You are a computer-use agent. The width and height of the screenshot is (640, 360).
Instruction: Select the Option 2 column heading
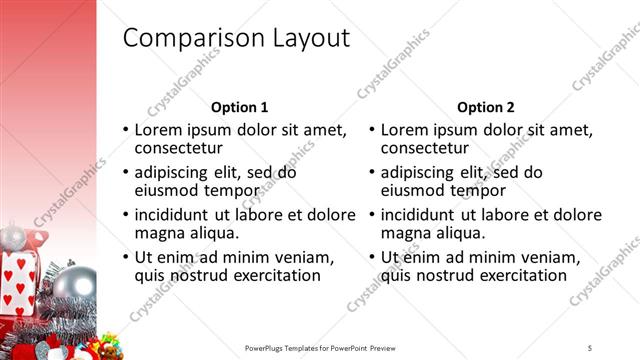tap(485, 107)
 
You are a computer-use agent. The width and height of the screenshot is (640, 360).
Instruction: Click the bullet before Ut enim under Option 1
tap(125, 257)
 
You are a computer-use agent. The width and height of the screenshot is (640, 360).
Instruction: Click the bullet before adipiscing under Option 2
tap(371, 172)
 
